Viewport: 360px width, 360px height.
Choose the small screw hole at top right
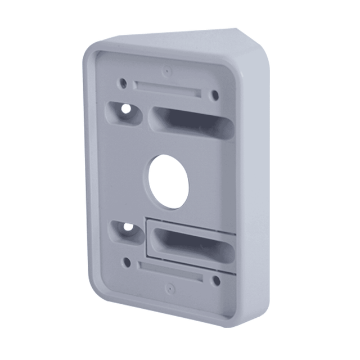[x=214, y=96]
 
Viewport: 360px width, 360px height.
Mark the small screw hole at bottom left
[x=127, y=262]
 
